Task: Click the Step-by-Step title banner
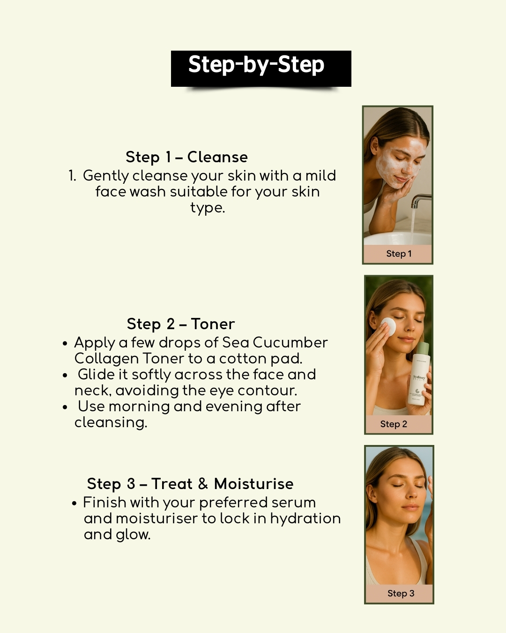point(261,68)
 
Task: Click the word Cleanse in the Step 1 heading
point(217,157)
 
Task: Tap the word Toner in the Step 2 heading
point(213,324)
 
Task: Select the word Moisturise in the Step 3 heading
point(254,483)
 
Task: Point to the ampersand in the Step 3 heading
point(203,483)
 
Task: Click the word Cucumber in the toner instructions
point(290,342)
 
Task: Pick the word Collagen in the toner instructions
point(107,359)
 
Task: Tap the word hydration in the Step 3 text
point(305,519)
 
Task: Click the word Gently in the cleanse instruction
point(106,176)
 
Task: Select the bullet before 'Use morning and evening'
point(65,407)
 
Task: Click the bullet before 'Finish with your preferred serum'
point(74,503)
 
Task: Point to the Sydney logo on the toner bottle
point(419,377)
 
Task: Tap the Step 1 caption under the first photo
point(399,254)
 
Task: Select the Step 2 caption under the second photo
point(394,424)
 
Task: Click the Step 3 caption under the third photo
point(401,593)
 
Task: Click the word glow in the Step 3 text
point(133,535)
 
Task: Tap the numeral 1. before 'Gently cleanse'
point(72,176)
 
